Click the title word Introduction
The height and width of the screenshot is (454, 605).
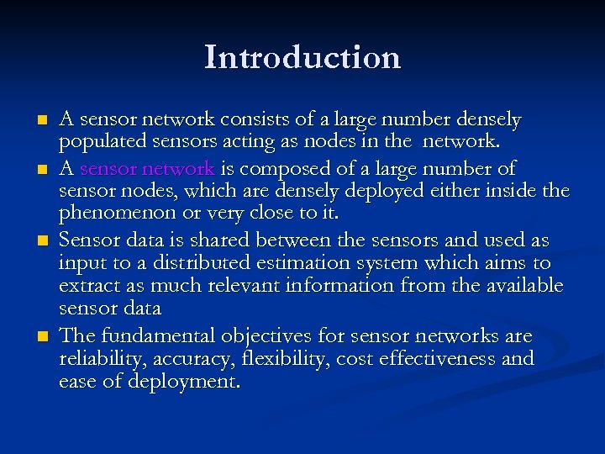(302, 58)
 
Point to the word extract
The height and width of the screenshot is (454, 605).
(87, 287)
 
